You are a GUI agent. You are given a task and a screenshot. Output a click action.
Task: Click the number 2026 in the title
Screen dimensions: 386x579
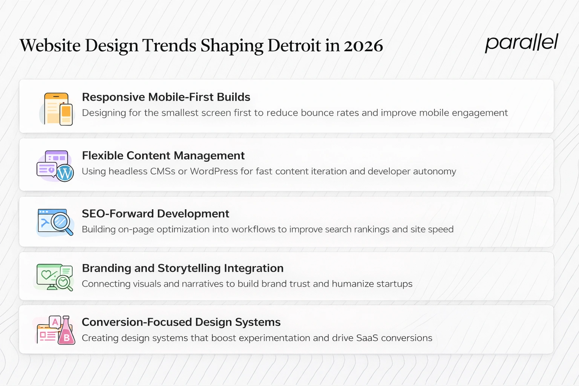coord(363,46)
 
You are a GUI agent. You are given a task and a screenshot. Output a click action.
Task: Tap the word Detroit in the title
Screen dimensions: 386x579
coord(294,46)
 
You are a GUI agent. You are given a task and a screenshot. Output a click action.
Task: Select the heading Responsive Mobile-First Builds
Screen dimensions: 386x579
coord(166,97)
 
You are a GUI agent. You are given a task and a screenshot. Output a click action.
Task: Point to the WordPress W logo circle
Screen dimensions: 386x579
coord(65,173)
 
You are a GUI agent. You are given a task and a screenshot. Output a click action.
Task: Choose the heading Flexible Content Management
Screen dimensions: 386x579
coord(163,155)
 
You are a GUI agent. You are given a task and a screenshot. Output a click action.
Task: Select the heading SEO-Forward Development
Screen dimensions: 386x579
coord(155,214)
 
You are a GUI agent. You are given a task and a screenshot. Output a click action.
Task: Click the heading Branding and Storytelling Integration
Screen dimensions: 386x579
coord(182,268)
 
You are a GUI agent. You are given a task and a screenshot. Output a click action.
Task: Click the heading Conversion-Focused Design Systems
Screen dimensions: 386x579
coord(181,322)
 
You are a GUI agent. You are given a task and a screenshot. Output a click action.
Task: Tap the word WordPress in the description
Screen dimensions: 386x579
coord(214,172)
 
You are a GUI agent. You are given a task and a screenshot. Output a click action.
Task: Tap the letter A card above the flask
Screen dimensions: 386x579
coord(55,322)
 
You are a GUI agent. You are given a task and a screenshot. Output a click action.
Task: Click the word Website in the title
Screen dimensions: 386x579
coord(50,46)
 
